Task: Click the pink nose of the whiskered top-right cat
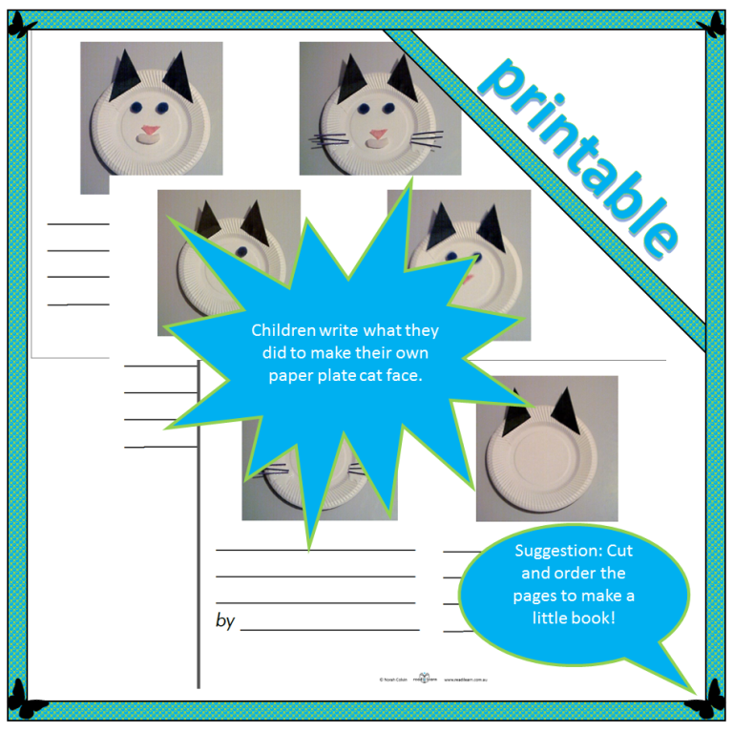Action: [379, 134]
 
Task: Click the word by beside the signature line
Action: [225, 620]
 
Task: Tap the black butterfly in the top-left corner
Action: [17, 21]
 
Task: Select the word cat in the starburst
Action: [366, 375]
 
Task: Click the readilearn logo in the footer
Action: [432, 679]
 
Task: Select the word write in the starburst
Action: [348, 330]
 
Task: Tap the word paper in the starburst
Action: [289, 375]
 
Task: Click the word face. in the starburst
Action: [404, 375]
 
